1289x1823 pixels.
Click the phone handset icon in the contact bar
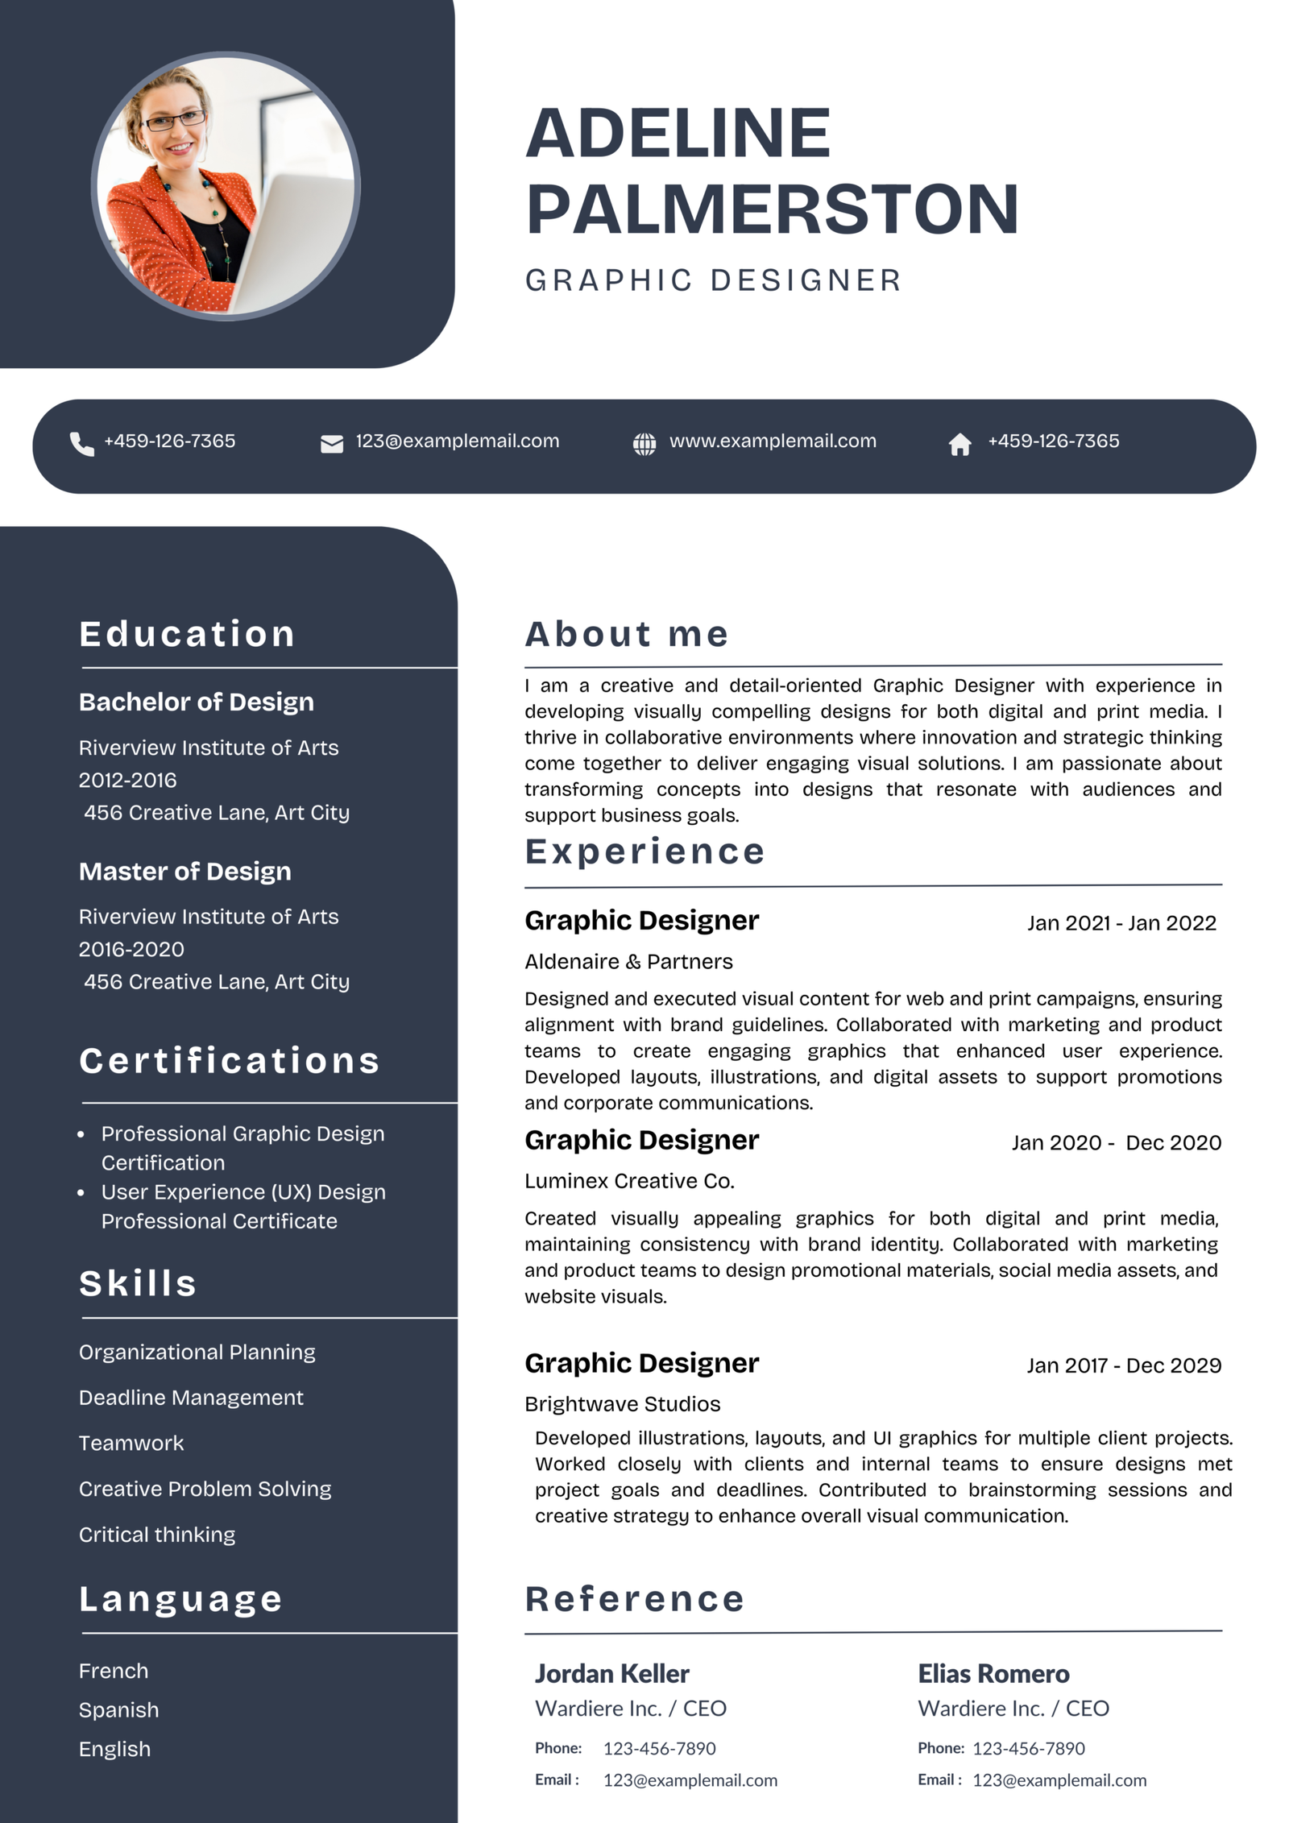tap(81, 444)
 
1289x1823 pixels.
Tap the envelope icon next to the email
tap(332, 444)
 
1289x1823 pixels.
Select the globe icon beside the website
tap(644, 444)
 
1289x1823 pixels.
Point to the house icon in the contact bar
tap(959, 444)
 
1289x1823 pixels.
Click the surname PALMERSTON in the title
tap(773, 209)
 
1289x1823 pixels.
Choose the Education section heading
tap(187, 634)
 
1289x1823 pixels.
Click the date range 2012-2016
tap(127, 780)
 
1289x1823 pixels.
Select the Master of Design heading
tap(185, 871)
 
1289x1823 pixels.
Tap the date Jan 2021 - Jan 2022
tap(1121, 923)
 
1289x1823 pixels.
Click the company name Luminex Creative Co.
tap(629, 1181)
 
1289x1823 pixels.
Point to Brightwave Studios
tap(622, 1404)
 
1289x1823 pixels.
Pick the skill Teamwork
tap(131, 1443)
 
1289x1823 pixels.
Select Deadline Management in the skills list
tap(191, 1398)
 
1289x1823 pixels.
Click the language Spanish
tap(118, 1709)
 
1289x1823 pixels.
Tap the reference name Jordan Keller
tap(611, 1674)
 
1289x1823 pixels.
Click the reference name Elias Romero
tap(993, 1674)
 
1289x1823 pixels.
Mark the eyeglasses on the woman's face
tap(173, 121)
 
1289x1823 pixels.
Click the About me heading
tap(627, 634)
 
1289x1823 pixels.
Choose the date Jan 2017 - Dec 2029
tap(1124, 1365)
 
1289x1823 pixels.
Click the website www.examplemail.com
tap(773, 441)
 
